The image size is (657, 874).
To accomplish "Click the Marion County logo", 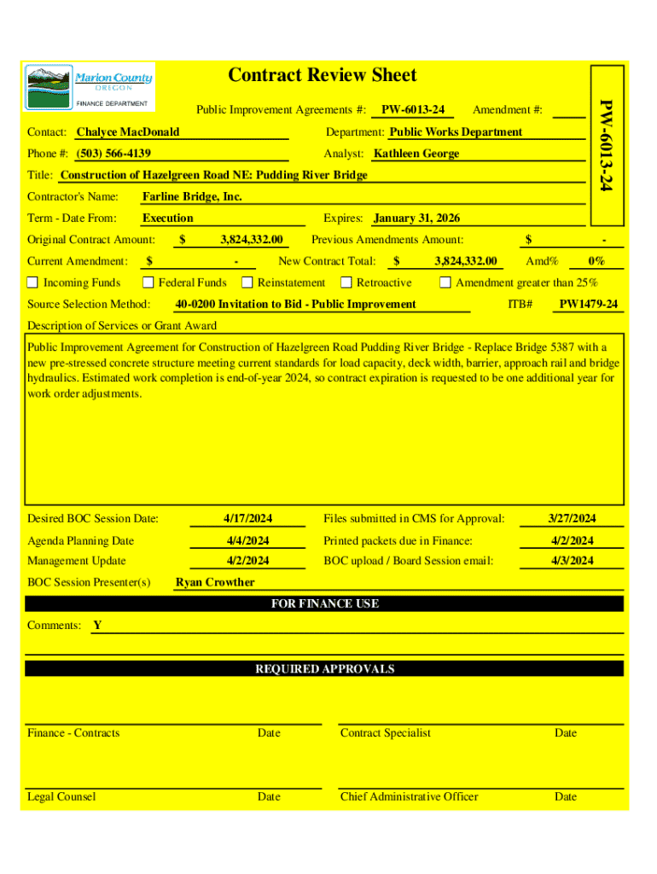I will click(90, 86).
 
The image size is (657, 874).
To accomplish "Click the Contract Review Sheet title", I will click(323, 75).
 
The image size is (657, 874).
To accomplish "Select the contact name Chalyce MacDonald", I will click(128, 132).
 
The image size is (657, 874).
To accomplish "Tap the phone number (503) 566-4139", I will click(113, 154).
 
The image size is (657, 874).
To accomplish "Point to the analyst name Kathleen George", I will click(416, 154).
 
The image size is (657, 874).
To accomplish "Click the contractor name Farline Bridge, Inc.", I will click(192, 196).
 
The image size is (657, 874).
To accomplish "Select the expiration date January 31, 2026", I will click(416, 218).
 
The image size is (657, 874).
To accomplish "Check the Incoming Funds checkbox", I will click(32, 283).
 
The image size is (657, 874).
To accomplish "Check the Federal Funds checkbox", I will click(148, 283).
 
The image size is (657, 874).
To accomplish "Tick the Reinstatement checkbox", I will click(247, 283).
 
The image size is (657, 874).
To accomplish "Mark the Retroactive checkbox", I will click(346, 283).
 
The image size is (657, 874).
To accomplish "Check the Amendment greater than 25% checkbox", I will click(445, 283).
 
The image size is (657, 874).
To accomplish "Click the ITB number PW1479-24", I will click(588, 305).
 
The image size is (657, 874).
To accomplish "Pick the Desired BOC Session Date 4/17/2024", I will click(247, 519).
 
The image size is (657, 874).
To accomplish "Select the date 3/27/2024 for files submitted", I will click(572, 519).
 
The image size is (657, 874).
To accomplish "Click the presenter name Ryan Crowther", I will click(215, 582).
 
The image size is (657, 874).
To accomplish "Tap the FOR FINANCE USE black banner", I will click(324, 603).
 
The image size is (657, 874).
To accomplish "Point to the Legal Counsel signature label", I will click(61, 796).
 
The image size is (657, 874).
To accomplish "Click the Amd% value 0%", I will click(596, 261).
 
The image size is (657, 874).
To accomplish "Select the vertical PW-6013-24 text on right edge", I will click(605, 145).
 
